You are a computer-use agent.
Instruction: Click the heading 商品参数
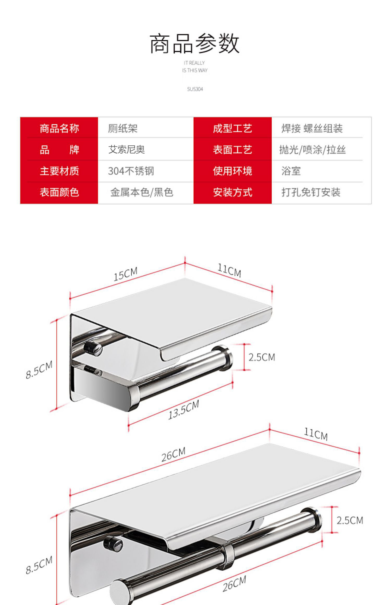[194, 44]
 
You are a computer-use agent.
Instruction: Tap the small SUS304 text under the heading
[195, 89]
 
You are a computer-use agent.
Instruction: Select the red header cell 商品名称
[59, 128]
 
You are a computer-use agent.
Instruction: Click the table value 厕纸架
[123, 128]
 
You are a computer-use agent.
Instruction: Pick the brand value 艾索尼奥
[126, 150]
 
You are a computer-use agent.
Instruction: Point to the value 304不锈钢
[131, 171]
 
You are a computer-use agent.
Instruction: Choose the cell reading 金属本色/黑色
[142, 193]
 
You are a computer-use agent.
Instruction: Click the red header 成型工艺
[233, 128]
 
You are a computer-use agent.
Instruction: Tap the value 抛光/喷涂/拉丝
[312, 150]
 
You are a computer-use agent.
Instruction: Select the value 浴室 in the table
[291, 171]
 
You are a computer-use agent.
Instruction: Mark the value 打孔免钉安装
[311, 193]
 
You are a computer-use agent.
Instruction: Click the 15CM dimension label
[125, 274]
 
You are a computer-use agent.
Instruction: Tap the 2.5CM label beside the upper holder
[262, 357]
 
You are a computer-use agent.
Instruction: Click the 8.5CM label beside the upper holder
[39, 369]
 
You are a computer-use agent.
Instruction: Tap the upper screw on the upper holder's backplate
[93, 348]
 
